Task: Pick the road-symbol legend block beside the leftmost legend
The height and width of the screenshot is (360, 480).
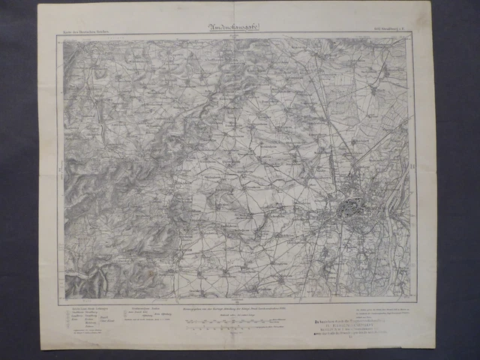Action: pos(150,315)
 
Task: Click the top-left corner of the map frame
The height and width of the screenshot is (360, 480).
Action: pos(63,38)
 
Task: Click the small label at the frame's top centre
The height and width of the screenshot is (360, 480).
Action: pos(238,34)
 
